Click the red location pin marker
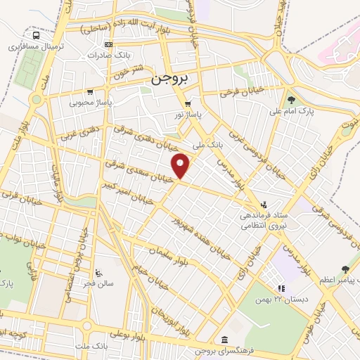click(181, 165)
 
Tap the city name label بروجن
click(167, 80)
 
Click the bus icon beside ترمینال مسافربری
click(36, 35)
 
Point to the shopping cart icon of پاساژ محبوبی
click(89, 91)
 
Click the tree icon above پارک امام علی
click(291, 100)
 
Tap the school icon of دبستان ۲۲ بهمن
click(281, 288)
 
